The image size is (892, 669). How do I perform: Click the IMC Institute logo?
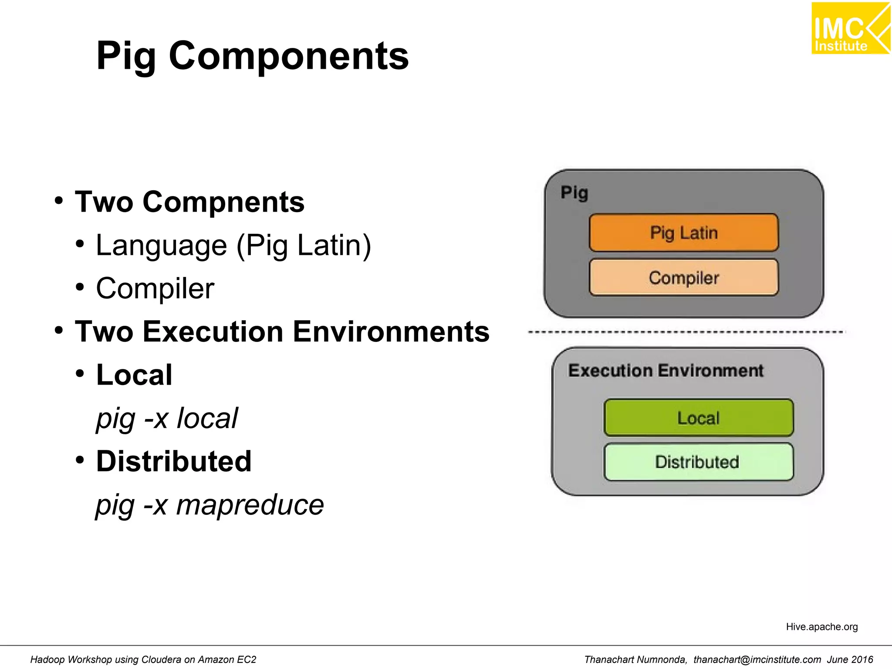(x=850, y=28)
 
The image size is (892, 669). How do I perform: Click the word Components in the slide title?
(x=289, y=56)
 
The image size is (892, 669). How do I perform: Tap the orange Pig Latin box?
(x=683, y=233)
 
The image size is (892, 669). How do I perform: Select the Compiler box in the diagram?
(x=683, y=278)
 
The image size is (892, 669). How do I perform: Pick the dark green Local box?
(x=698, y=418)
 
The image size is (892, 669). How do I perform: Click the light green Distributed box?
(x=698, y=462)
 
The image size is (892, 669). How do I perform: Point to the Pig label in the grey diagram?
(x=574, y=193)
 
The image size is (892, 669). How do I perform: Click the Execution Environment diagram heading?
(x=666, y=371)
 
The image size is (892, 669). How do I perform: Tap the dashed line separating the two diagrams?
(x=686, y=332)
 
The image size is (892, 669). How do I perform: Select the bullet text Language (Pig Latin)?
(x=233, y=245)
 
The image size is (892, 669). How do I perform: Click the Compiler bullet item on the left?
(x=155, y=288)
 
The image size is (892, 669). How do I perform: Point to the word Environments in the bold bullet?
(x=391, y=332)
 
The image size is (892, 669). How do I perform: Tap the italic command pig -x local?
(x=167, y=418)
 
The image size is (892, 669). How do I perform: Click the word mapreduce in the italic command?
(x=250, y=505)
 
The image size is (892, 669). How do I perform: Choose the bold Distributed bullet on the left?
(x=174, y=461)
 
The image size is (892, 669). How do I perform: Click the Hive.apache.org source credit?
(x=821, y=627)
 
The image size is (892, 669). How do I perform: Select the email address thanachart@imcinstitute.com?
(x=757, y=659)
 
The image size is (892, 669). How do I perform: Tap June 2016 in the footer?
(x=850, y=659)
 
